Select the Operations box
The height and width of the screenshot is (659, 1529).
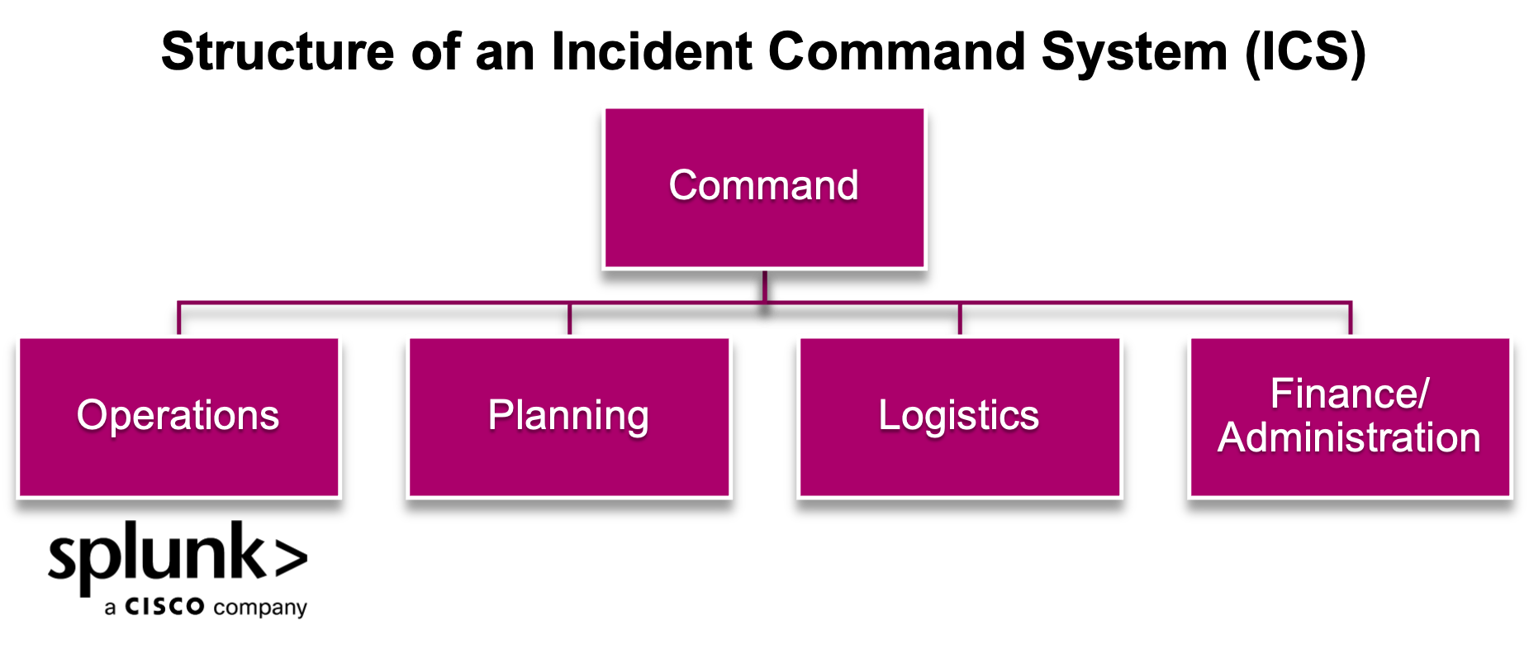(178, 463)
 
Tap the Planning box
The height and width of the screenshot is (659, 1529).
(569, 463)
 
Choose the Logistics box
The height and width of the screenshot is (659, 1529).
(960, 463)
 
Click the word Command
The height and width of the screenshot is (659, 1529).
(763, 185)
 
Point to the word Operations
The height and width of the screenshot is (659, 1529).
(178, 415)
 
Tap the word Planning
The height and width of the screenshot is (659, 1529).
(568, 415)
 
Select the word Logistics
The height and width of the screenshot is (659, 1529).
(958, 415)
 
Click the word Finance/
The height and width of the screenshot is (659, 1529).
(1349, 394)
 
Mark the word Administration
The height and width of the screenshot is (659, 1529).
(1349, 437)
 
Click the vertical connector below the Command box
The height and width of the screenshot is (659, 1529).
(765, 286)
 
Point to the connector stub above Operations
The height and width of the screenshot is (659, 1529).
(179, 319)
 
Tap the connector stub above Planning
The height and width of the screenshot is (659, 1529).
(570, 319)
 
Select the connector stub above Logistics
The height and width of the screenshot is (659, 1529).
(960, 319)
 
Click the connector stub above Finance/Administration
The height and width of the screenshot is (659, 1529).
(1351, 319)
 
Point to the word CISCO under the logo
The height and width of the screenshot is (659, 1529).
(164, 607)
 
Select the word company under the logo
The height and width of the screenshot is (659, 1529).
(260, 609)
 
